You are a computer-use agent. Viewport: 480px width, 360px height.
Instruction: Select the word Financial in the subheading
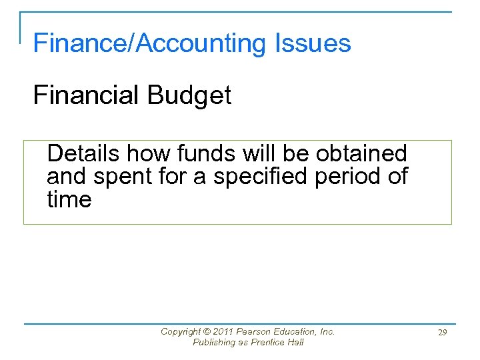(87, 95)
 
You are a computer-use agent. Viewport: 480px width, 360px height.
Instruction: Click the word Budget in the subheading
(189, 95)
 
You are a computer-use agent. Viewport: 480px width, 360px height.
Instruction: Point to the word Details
(83, 153)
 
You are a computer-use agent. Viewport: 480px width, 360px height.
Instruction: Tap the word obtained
(361, 153)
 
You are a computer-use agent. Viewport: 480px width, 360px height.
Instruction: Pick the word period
(351, 177)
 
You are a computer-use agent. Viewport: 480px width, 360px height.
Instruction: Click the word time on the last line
(69, 199)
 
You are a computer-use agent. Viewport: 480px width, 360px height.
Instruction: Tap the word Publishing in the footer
(214, 343)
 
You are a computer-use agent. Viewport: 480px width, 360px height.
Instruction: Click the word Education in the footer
(295, 331)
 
